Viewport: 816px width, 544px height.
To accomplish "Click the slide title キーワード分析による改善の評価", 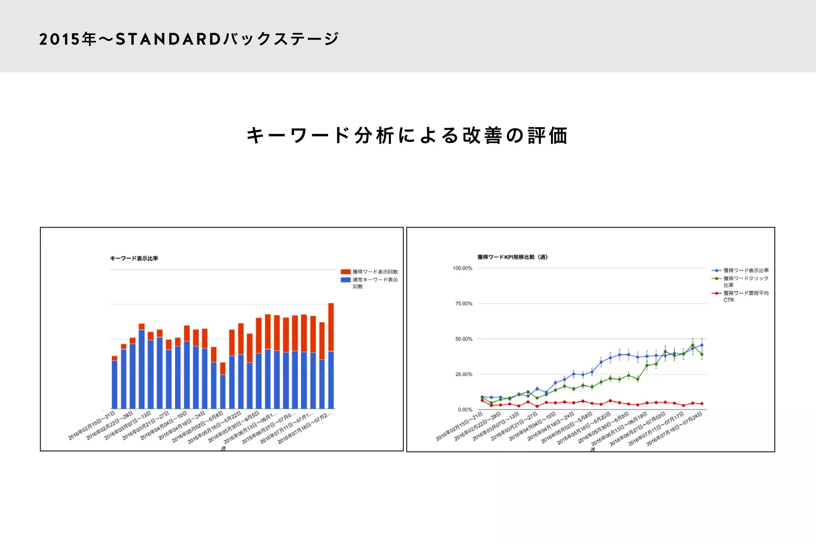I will (x=407, y=136).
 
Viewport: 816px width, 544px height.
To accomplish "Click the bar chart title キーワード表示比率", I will (x=134, y=258).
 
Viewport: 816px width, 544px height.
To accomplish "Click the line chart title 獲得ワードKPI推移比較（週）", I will (x=512, y=257).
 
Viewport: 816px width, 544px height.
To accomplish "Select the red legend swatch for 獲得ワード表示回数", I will (x=345, y=272).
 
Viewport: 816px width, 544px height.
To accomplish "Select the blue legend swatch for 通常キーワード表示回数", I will (x=345, y=280).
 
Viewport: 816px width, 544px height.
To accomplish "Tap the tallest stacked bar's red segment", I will (x=331, y=327).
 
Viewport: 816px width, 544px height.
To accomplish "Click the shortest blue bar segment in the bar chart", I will (x=223, y=391).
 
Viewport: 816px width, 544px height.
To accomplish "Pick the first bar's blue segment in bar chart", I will (x=114, y=384).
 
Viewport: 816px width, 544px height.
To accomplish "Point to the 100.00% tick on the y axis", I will (x=462, y=268).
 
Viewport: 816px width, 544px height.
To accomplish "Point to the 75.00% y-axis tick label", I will (x=463, y=304).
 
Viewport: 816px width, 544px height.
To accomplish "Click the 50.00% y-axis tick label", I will (x=463, y=339).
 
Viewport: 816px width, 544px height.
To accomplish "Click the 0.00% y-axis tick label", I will (x=465, y=410).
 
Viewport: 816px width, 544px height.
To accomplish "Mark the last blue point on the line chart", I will (x=702, y=345).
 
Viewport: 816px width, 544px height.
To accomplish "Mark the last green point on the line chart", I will (x=702, y=354).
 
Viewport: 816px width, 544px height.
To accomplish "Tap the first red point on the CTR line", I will (x=482, y=401).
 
